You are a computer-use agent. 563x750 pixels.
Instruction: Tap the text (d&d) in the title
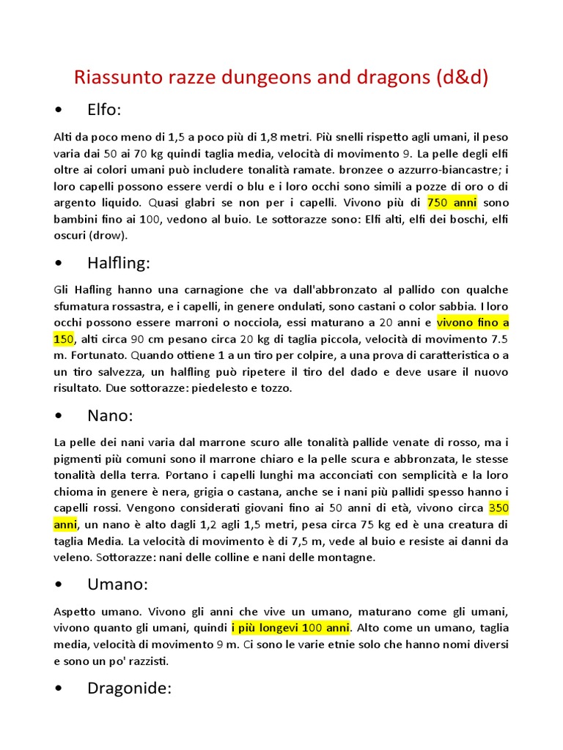pos(460,77)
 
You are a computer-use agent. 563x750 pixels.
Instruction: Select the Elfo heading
pos(104,110)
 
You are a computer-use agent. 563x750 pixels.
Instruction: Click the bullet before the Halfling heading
pos(58,263)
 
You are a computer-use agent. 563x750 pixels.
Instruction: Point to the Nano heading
pos(110,416)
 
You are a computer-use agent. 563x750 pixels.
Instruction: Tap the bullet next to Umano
pos(58,584)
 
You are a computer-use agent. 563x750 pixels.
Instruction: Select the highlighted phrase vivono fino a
pos(473,322)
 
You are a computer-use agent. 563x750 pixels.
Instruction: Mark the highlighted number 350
pos(498,508)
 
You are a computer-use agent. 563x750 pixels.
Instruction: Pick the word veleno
pos(74,557)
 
